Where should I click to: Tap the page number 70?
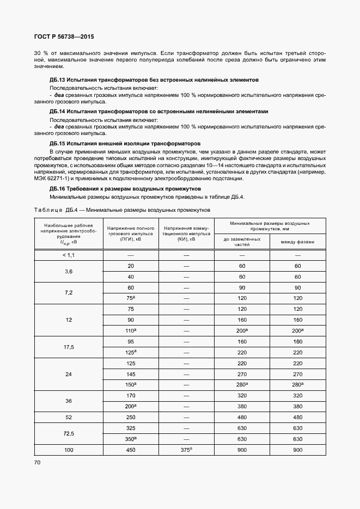[38, 462]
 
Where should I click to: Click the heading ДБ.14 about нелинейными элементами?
[158, 112]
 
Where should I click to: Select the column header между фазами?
[297, 242]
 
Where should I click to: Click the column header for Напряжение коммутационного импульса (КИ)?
[186, 234]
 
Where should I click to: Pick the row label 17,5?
[69, 347]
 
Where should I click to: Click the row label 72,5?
[69, 433]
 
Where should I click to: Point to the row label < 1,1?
[69, 255]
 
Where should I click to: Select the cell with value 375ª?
[186, 450]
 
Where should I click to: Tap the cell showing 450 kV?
[131, 450]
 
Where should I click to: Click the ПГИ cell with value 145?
[131, 374]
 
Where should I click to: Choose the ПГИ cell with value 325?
[131, 428]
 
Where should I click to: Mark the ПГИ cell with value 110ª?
[131, 330]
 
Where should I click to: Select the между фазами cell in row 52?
[297, 417]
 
